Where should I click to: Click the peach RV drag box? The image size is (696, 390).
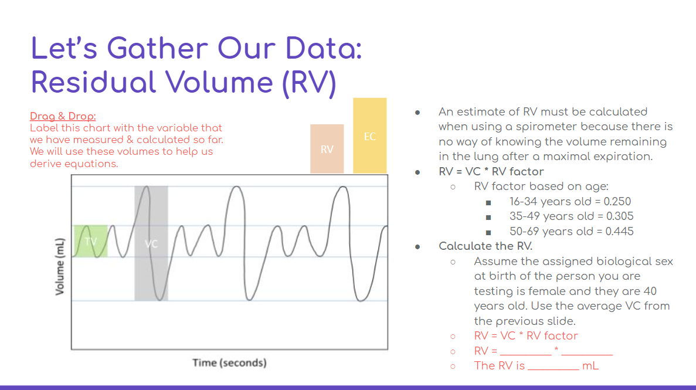327,149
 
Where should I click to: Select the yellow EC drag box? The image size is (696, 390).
369,136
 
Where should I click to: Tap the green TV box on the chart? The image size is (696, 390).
90,241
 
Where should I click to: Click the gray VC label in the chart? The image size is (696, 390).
151,243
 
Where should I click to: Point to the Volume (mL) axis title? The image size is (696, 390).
59,267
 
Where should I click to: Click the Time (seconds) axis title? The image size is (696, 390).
229,362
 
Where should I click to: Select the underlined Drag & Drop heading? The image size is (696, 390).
63,116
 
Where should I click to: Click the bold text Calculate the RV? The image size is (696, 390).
485,246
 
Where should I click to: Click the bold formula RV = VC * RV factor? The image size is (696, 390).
491,172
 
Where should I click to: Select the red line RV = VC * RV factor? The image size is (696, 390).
525,336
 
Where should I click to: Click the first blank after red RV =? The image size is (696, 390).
525,352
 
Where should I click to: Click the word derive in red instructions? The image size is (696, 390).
45,163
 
